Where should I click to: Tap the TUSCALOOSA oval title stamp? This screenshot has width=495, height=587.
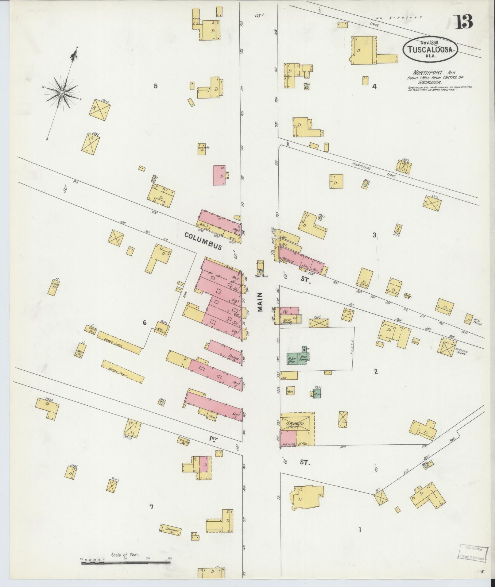[430, 50]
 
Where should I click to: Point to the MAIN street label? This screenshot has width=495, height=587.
[261, 302]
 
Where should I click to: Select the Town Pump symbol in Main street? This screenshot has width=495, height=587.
[261, 271]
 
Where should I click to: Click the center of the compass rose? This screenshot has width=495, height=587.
[62, 93]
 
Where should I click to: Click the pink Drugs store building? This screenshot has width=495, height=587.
[225, 352]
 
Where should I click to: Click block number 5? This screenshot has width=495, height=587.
[156, 86]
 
